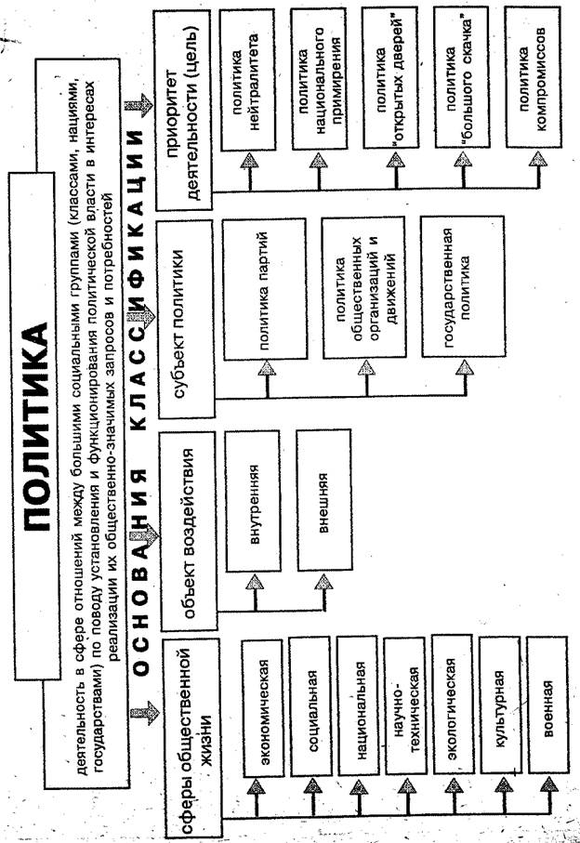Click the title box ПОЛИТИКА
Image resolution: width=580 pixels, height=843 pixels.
[x=36, y=426]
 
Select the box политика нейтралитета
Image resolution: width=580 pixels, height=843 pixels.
[x=247, y=80]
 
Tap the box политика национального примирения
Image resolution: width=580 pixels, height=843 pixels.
[x=320, y=78]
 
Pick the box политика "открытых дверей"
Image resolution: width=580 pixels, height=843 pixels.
[x=390, y=78]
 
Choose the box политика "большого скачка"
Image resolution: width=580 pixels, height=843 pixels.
[x=462, y=77]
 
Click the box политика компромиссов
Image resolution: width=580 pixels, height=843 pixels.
[x=534, y=76]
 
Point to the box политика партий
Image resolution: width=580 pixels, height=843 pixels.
[x=265, y=289]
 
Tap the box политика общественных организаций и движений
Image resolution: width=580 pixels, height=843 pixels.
[x=364, y=287]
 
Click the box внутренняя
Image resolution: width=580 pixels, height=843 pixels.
[x=253, y=501]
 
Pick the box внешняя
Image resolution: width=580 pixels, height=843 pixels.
[x=324, y=499]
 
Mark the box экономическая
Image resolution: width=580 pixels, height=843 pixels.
[x=264, y=708]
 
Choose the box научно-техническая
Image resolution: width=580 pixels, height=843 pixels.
[x=407, y=705]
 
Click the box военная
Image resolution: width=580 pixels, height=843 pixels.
[x=547, y=705]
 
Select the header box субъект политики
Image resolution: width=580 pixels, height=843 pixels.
[x=186, y=320]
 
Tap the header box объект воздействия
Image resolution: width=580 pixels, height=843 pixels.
[x=189, y=531]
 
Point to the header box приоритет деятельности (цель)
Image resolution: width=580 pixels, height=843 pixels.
[x=183, y=111]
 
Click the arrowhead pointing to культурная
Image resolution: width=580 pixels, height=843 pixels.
[x=503, y=784]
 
